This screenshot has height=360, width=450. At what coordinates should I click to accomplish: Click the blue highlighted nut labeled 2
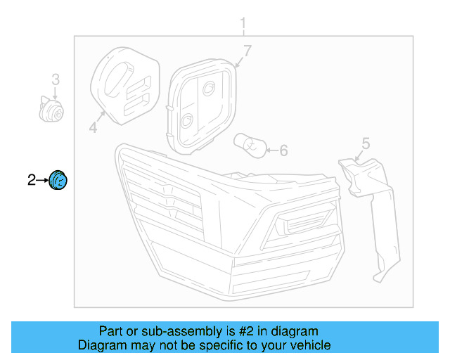[x=58, y=181]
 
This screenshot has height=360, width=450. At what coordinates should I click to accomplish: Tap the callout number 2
[x=32, y=181]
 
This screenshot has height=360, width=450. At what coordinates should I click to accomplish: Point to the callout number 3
[x=56, y=79]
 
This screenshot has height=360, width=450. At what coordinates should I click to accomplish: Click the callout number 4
[x=92, y=127]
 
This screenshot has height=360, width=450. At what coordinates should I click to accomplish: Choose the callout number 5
[x=366, y=143]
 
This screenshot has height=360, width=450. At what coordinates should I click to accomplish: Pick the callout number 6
[x=284, y=150]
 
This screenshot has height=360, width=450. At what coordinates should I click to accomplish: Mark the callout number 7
[x=247, y=51]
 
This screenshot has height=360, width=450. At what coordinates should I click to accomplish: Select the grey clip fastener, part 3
[x=51, y=110]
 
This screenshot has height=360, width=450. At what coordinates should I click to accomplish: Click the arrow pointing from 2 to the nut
[x=42, y=181]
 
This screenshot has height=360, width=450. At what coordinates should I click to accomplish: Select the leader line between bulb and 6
[x=271, y=149]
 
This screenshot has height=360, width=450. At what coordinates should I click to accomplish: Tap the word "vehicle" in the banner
[x=310, y=345]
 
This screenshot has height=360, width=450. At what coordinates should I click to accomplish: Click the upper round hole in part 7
[x=209, y=89]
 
